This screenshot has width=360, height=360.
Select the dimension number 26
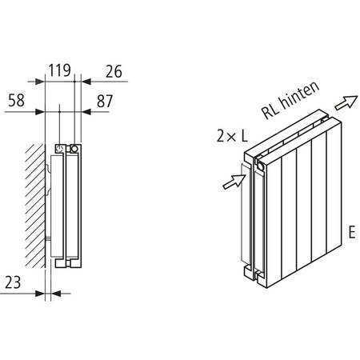(113, 71)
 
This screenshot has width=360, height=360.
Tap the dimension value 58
(19, 101)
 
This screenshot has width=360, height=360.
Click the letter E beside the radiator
(350, 234)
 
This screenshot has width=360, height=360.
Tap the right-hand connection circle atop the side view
(74, 148)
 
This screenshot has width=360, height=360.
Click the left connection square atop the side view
(61, 148)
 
